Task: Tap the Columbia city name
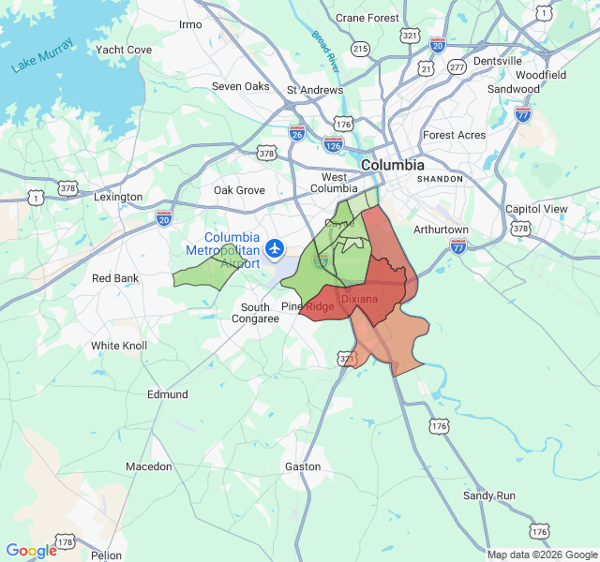(393, 164)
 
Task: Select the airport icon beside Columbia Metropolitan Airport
(275, 248)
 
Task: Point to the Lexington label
(118, 198)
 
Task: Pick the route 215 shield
(361, 48)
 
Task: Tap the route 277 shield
(457, 68)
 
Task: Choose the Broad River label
(325, 52)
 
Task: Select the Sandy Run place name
(489, 495)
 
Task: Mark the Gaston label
(303, 466)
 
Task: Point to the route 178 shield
(65, 542)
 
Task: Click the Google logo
(31, 551)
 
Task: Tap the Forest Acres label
(454, 135)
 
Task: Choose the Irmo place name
(190, 24)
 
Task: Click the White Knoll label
(119, 346)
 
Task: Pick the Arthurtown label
(441, 229)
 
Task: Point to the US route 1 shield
(36, 198)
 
